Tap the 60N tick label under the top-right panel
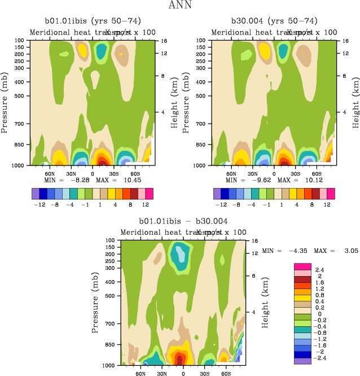tap(231, 174)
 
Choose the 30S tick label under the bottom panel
tap(204, 374)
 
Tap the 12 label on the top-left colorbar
tap(146, 204)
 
